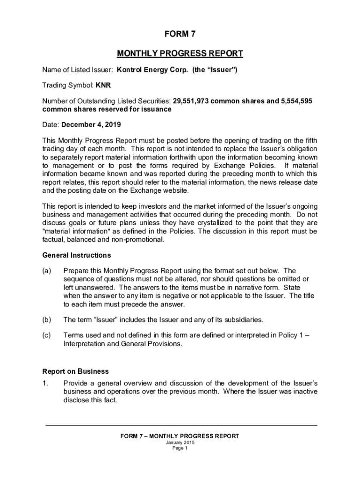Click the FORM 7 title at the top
click(x=180, y=34)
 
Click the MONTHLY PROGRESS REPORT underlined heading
click(x=180, y=54)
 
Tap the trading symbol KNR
click(x=103, y=86)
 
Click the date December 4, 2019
click(x=91, y=125)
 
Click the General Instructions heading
click(x=77, y=255)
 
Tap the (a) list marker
click(x=47, y=271)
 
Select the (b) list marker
click(x=47, y=320)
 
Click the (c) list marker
click(x=47, y=335)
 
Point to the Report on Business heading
click(x=75, y=371)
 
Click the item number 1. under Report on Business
click(x=45, y=383)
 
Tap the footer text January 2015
click(x=180, y=442)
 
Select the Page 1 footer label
click(x=180, y=448)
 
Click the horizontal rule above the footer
click(x=181, y=425)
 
